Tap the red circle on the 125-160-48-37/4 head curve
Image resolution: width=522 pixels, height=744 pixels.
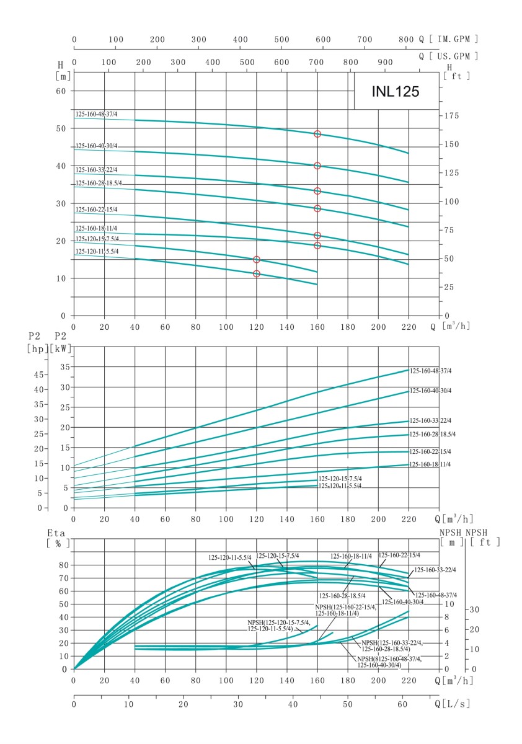317,134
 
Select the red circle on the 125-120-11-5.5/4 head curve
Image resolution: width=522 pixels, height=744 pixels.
257,273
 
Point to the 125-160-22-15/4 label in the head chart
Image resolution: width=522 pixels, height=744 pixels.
96,210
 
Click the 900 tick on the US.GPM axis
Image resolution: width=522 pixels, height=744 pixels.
385,63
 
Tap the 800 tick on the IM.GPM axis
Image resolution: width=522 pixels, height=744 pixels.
405,39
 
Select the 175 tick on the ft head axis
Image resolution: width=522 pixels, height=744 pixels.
452,116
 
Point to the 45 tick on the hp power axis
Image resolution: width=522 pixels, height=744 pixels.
38,375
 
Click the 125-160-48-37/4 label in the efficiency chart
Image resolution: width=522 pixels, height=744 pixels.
435,595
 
